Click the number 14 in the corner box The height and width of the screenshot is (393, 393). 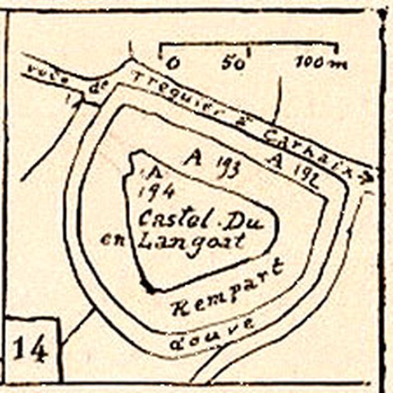pos(29,348)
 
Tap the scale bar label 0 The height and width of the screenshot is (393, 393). pos(174,63)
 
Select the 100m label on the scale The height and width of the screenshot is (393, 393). pos(321,63)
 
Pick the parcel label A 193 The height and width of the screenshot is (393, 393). pos(211,161)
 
